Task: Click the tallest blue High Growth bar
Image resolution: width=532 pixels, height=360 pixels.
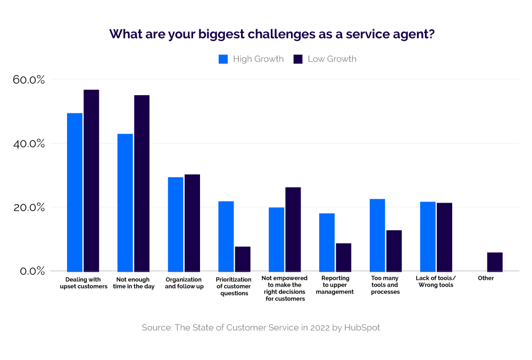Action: (x=75, y=191)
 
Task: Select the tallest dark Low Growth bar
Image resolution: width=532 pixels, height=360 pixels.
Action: (x=92, y=181)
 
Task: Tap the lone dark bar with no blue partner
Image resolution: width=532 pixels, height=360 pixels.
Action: (x=495, y=262)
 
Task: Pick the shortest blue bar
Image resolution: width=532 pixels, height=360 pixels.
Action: (x=327, y=242)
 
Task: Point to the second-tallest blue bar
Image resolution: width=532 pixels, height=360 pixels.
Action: (x=125, y=202)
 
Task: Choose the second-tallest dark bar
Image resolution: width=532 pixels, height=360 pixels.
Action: (x=142, y=183)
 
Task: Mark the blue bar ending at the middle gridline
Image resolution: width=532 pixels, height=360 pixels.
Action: (x=276, y=239)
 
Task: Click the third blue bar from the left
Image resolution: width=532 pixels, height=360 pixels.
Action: (x=176, y=224)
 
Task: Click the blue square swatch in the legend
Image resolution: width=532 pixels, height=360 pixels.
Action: (x=223, y=59)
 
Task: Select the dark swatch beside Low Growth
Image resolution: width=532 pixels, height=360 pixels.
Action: (x=298, y=59)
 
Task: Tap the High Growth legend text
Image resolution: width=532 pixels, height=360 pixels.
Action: (x=258, y=59)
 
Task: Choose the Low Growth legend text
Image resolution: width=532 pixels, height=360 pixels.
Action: (x=332, y=59)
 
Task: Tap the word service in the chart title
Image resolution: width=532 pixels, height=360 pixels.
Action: (x=366, y=35)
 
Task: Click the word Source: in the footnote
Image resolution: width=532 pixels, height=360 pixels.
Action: (x=156, y=328)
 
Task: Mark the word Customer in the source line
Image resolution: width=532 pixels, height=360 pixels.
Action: (x=245, y=328)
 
